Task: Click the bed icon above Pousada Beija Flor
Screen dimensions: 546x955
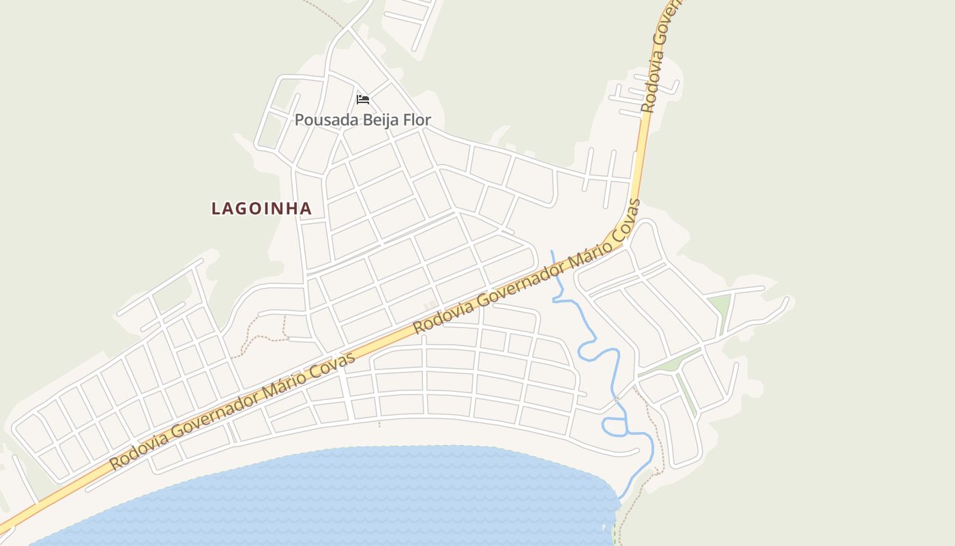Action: point(363,100)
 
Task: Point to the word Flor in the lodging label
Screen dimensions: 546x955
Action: point(417,120)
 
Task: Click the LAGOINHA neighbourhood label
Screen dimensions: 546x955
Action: point(261,209)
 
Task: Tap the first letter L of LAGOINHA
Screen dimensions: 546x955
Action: point(216,209)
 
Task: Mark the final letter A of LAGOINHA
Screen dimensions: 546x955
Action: point(306,209)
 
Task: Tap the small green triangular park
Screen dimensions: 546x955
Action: point(719,304)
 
